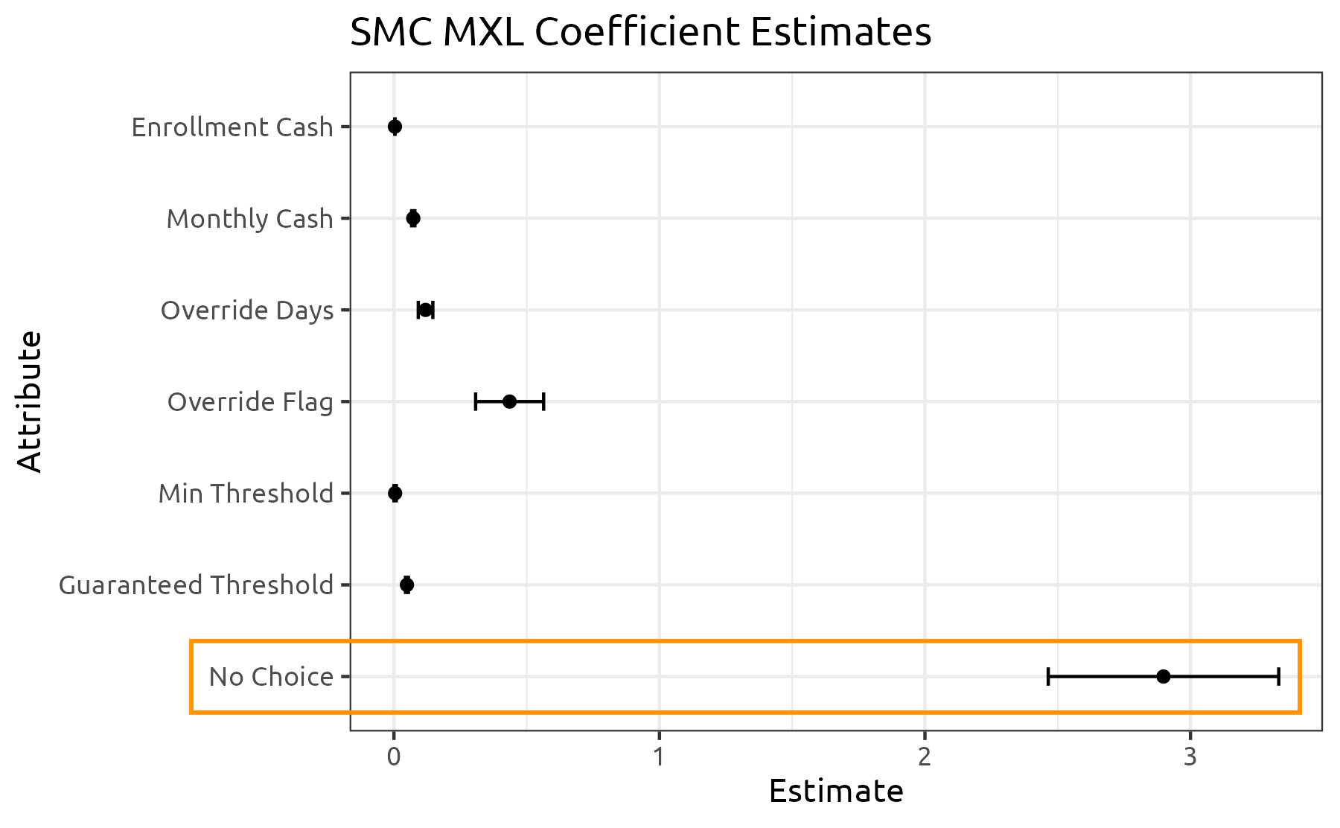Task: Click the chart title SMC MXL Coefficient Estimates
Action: pyautogui.click(x=640, y=33)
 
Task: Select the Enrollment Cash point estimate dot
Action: pyautogui.click(x=395, y=127)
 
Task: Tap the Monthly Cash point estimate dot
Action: pyautogui.click(x=413, y=218)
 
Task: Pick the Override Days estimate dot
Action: pyautogui.click(x=425, y=310)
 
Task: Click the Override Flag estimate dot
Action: pyautogui.click(x=509, y=401)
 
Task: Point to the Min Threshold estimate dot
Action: pyautogui.click(x=395, y=493)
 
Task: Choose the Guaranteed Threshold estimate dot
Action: pyautogui.click(x=406, y=585)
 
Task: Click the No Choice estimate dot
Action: pyautogui.click(x=1164, y=676)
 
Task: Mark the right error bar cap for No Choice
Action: pyautogui.click(x=1278, y=676)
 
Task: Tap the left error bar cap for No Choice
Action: pyautogui.click(x=1048, y=676)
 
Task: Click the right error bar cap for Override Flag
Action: pyautogui.click(x=543, y=401)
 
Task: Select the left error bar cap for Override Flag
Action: pyautogui.click(x=476, y=401)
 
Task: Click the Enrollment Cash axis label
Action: pyautogui.click(x=232, y=127)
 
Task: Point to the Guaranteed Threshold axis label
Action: pyautogui.click(x=196, y=585)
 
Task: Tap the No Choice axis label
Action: pyautogui.click(x=271, y=677)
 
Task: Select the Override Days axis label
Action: pyautogui.click(x=247, y=310)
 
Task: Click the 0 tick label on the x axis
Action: pyautogui.click(x=393, y=757)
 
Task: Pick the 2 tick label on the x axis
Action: pyautogui.click(x=925, y=757)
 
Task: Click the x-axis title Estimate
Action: pyautogui.click(x=835, y=792)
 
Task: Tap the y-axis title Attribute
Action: pyautogui.click(x=30, y=401)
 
